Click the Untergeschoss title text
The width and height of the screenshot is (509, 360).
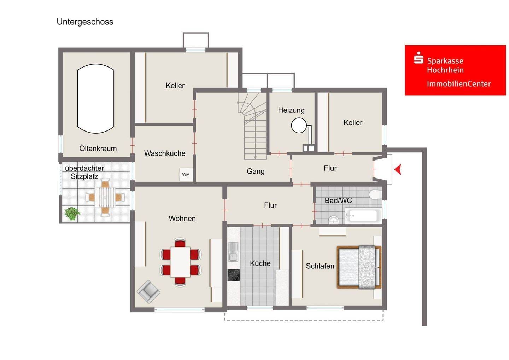pyautogui.click(x=85, y=22)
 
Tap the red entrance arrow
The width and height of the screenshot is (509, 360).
pyautogui.click(x=398, y=169)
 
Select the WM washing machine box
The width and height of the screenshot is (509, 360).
pyautogui.click(x=186, y=174)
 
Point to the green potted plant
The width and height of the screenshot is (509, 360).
pyautogui.click(x=72, y=214)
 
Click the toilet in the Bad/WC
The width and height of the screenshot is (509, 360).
pyautogui.click(x=375, y=194)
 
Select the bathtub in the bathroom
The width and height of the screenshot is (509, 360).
pyautogui.click(x=363, y=215)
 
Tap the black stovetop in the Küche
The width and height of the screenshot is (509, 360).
pyautogui.click(x=234, y=275)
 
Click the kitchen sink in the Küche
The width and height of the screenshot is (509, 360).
pyautogui.click(x=233, y=252)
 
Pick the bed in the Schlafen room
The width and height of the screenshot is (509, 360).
pyautogui.click(x=359, y=267)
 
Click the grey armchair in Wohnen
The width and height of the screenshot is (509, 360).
pyautogui.click(x=148, y=292)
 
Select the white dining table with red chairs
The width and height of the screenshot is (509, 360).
pyautogui.click(x=180, y=262)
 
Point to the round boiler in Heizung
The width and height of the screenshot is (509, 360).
pyautogui.click(x=299, y=126)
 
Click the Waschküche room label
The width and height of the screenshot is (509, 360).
pyautogui.click(x=165, y=153)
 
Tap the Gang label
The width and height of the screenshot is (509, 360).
pyautogui.click(x=256, y=171)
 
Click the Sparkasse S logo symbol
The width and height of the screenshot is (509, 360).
pyautogui.click(x=419, y=58)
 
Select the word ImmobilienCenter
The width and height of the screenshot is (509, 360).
pyautogui.click(x=458, y=84)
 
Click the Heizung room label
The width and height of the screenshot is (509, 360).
pyautogui.click(x=291, y=110)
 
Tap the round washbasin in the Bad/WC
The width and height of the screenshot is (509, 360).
pyautogui.click(x=333, y=220)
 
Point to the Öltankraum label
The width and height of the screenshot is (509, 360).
pyautogui.click(x=98, y=149)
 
